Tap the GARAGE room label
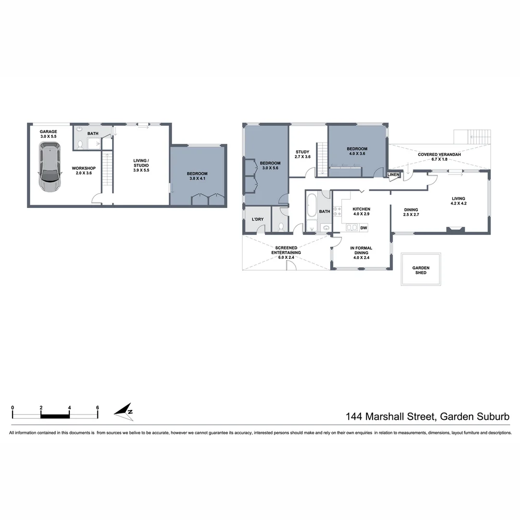coord(48,131)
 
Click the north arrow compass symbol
coord(124,410)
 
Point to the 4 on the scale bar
coord(69,407)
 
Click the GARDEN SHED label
coord(420,270)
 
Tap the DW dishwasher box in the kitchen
coord(364,228)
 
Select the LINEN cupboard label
coord(393,174)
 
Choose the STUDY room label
coord(302,152)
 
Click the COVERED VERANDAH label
coord(439,155)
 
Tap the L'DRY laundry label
coord(258,220)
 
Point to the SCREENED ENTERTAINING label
coord(286,250)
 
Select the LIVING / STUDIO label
coord(141,163)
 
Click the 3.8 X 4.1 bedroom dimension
coord(198,179)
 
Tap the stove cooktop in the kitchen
coord(337,211)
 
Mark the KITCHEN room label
coord(361,209)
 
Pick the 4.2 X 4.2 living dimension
coord(458,203)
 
